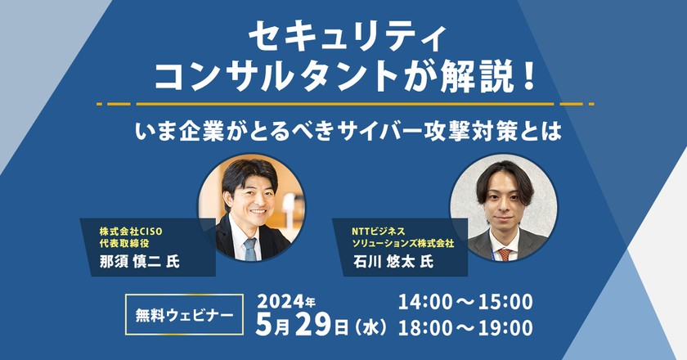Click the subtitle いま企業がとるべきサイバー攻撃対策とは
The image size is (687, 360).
pyautogui.click(x=343, y=131)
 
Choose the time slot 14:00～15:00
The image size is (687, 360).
pyautogui.click(x=465, y=301)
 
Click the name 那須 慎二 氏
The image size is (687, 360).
pyautogui.click(x=134, y=261)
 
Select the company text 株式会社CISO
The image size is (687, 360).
pyautogui.click(x=131, y=231)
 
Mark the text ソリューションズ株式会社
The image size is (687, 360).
pyautogui.click(x=402, y=244)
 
